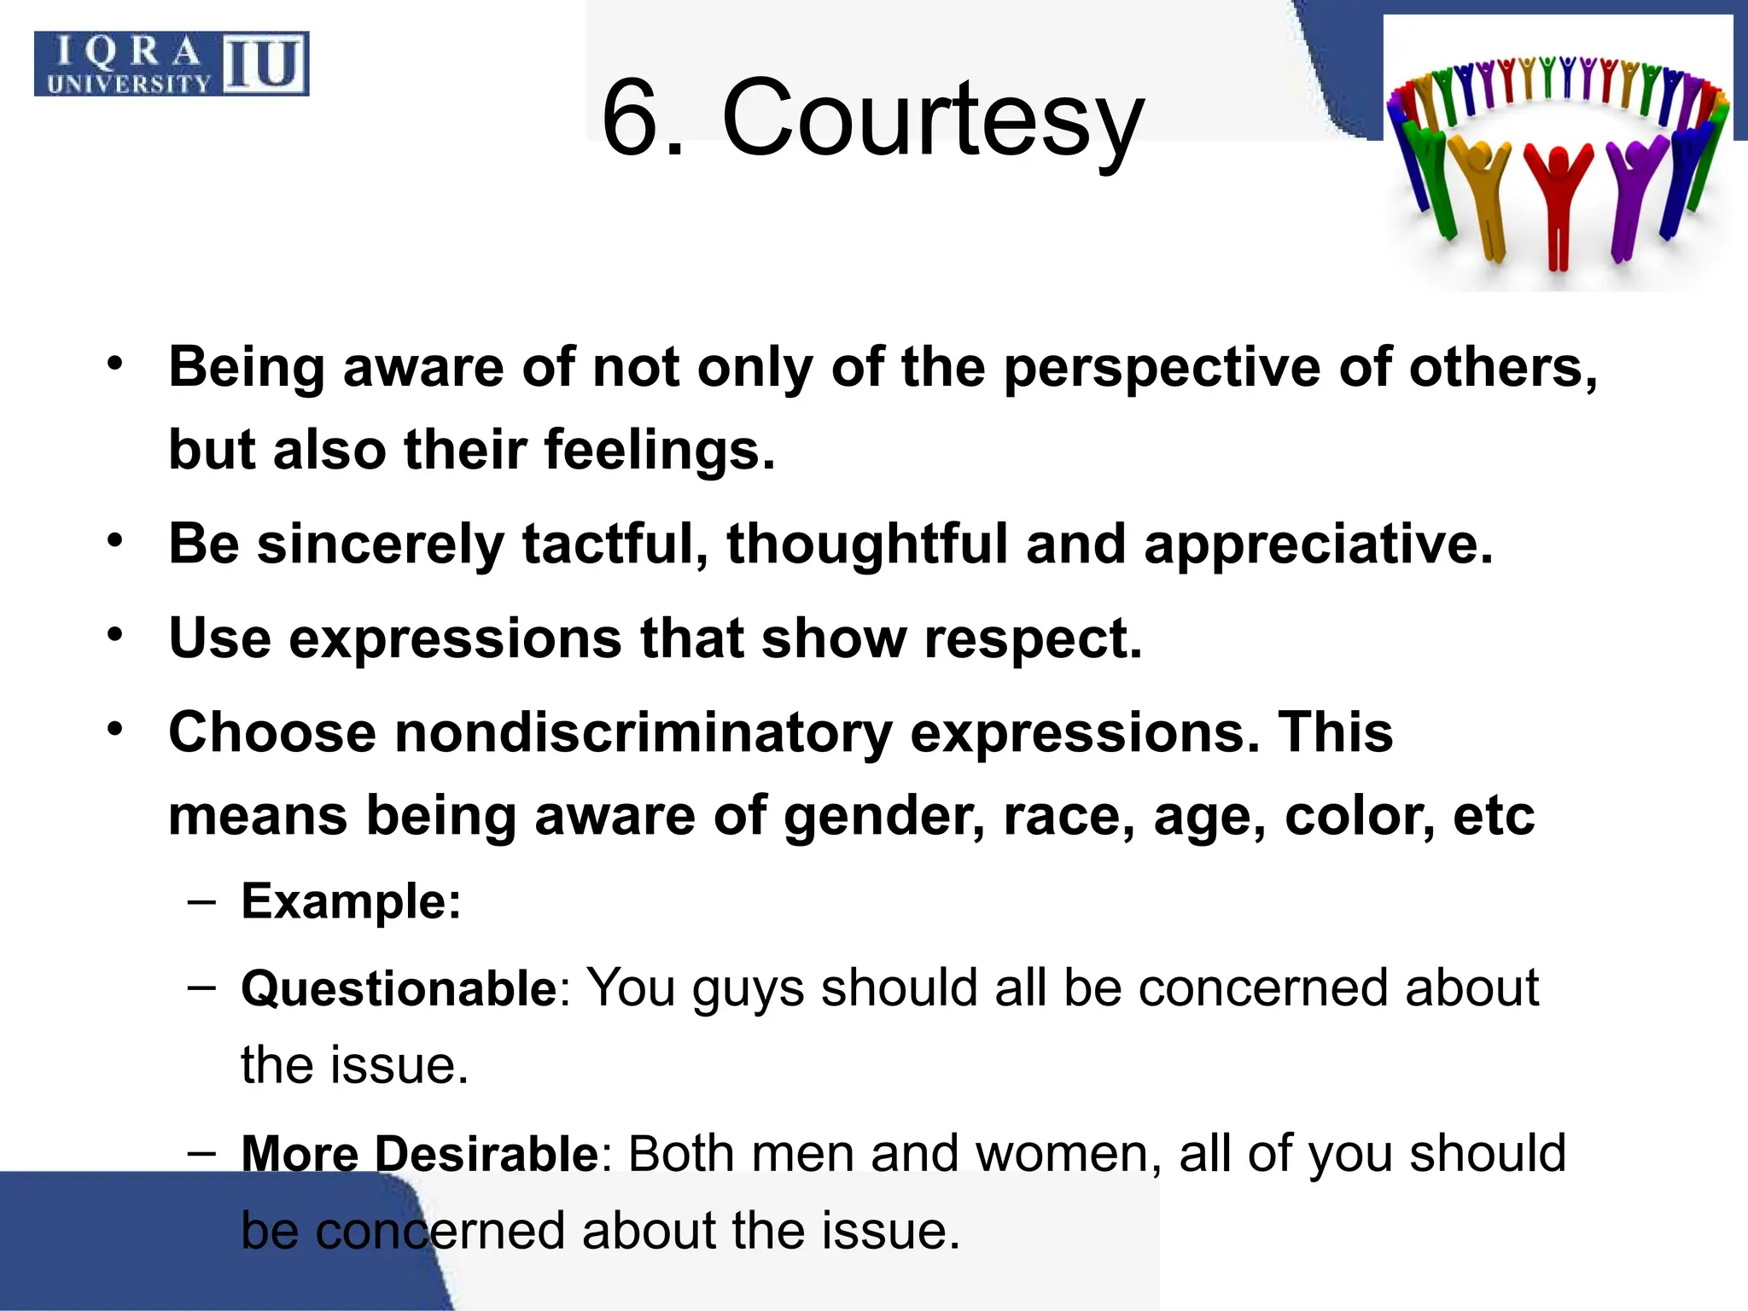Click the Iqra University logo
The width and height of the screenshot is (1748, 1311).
(x=171, y=64)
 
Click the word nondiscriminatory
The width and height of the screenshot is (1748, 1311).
(x=643, y=733)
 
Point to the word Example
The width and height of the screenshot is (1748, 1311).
(x=351, y=901)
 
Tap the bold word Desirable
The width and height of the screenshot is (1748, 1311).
(x=487, y=1153)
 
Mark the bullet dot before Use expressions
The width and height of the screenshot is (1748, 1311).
(x=116, y=636)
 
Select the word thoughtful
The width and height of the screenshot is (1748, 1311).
(x=867, y=544)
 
